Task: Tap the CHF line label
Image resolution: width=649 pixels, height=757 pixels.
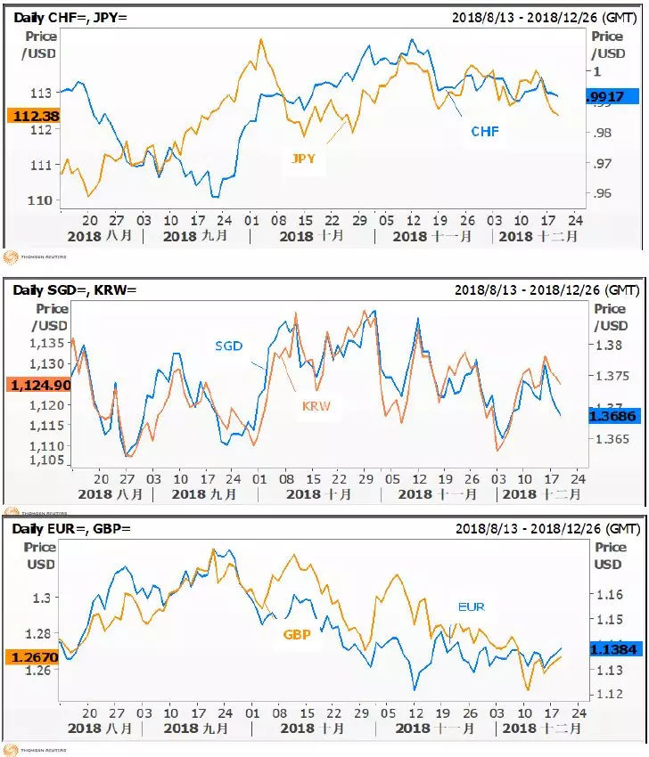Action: [485, 132]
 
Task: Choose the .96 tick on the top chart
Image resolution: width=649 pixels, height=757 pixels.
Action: [604, 193]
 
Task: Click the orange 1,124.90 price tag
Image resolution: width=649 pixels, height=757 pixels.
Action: [37, 385]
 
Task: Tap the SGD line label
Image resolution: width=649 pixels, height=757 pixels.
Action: [228, 346]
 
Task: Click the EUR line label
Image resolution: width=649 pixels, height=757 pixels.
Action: [472, 606]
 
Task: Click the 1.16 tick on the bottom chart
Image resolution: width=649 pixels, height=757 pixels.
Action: [609, 594]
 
